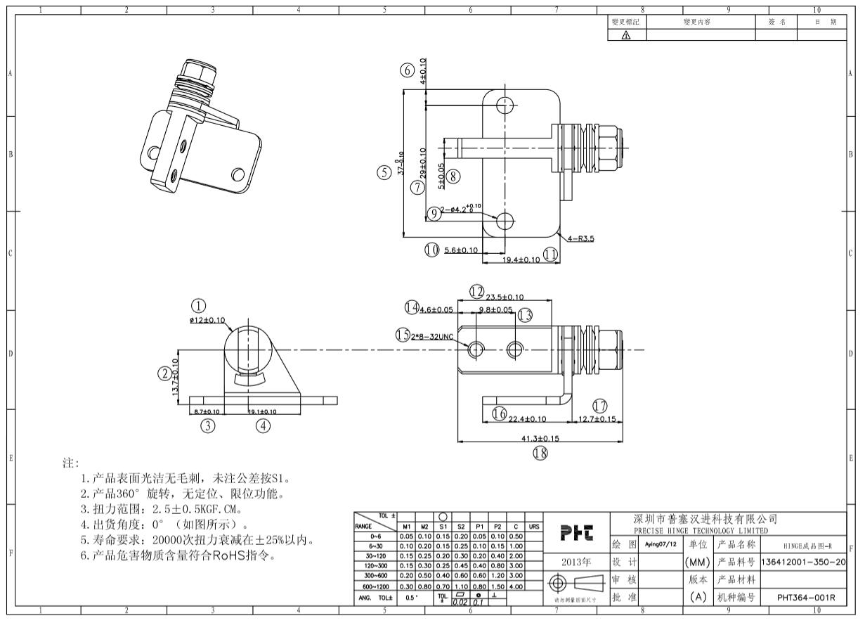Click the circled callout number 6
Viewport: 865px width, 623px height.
click(406, 70)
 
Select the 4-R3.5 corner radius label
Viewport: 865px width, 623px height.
click(583, 238)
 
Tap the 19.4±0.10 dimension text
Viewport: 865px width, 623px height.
click(521, 259)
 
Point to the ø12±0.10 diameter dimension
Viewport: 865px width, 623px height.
click(212, 320)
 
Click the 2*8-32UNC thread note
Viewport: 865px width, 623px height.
click(433, 336)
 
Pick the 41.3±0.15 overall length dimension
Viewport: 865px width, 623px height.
click(540, 438)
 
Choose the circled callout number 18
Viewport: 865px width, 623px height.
click(540, 454)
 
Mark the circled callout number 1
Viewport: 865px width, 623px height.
click(199, 305)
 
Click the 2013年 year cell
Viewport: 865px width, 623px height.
click(576, 563)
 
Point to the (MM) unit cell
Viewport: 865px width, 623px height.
click(696, 563)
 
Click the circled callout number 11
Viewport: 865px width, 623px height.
click(550, 254)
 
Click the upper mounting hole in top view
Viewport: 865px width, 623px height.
click(505, 105)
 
